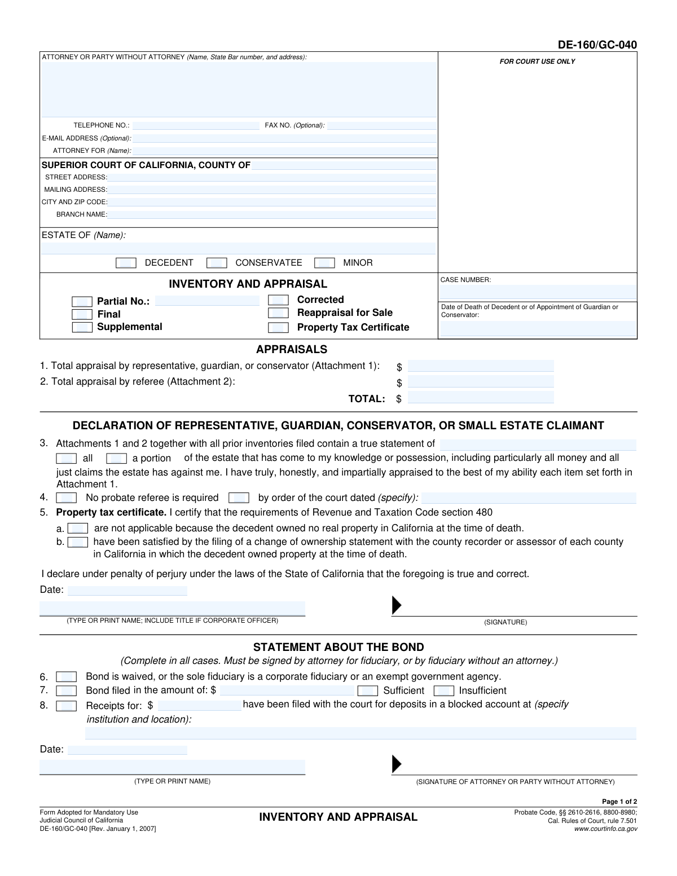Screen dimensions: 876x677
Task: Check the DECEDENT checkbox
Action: click(125, 263)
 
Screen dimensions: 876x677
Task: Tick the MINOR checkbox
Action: click(324, 263)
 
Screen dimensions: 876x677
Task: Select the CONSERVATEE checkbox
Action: click(217, 263)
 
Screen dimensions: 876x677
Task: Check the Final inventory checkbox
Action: click(82, 314)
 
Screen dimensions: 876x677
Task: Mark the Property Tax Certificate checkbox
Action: click(278, 327)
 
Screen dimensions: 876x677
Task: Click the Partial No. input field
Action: click(206, 301)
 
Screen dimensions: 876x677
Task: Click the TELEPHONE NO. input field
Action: click(196, 125)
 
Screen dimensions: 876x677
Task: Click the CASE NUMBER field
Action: click(538, 292)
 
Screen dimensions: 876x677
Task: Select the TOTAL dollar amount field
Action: click(480, 398)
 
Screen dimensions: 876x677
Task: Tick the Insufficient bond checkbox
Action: click(443, 690)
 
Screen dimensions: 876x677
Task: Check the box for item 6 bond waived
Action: click(66, 676)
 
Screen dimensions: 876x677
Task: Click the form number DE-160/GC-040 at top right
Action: click(597, 45)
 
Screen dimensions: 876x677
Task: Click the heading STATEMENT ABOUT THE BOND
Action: click(338, 647)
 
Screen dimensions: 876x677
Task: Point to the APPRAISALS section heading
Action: click(292, 349)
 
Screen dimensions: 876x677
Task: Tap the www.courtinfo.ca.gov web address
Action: click(605, 829)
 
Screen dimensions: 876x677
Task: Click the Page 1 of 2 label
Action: click(619, 802)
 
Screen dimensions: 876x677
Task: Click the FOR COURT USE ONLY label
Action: click(537, 61)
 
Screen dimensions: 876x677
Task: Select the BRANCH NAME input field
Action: click(272, 214)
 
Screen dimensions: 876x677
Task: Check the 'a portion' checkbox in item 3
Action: click(116, 458)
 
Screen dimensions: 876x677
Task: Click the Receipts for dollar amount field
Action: click(199, 705)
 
